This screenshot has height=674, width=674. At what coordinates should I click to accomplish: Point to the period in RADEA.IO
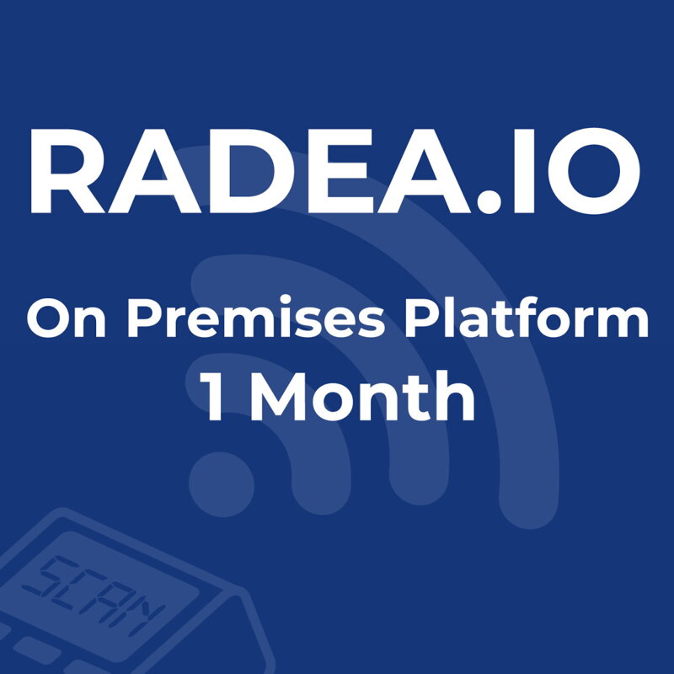pyautogui.click(x=504, y=202)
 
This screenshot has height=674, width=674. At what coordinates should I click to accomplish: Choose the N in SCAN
pyautogui.click(x=139, y=615)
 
